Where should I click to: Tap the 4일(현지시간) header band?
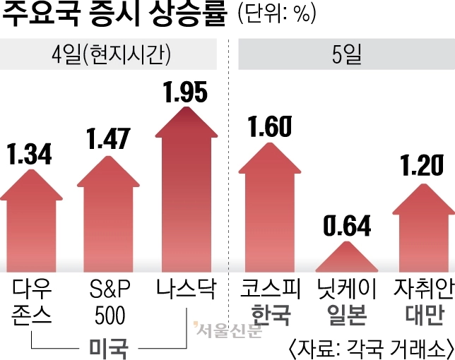coord(113,56)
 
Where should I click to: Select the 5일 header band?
coord(346,56)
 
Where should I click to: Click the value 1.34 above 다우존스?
coord(30,153)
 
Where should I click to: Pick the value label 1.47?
coord(108,138)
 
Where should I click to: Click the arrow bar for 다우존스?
coord(30,226)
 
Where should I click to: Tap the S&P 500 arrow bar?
coord(108,219)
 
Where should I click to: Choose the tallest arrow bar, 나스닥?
coord(187,198)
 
